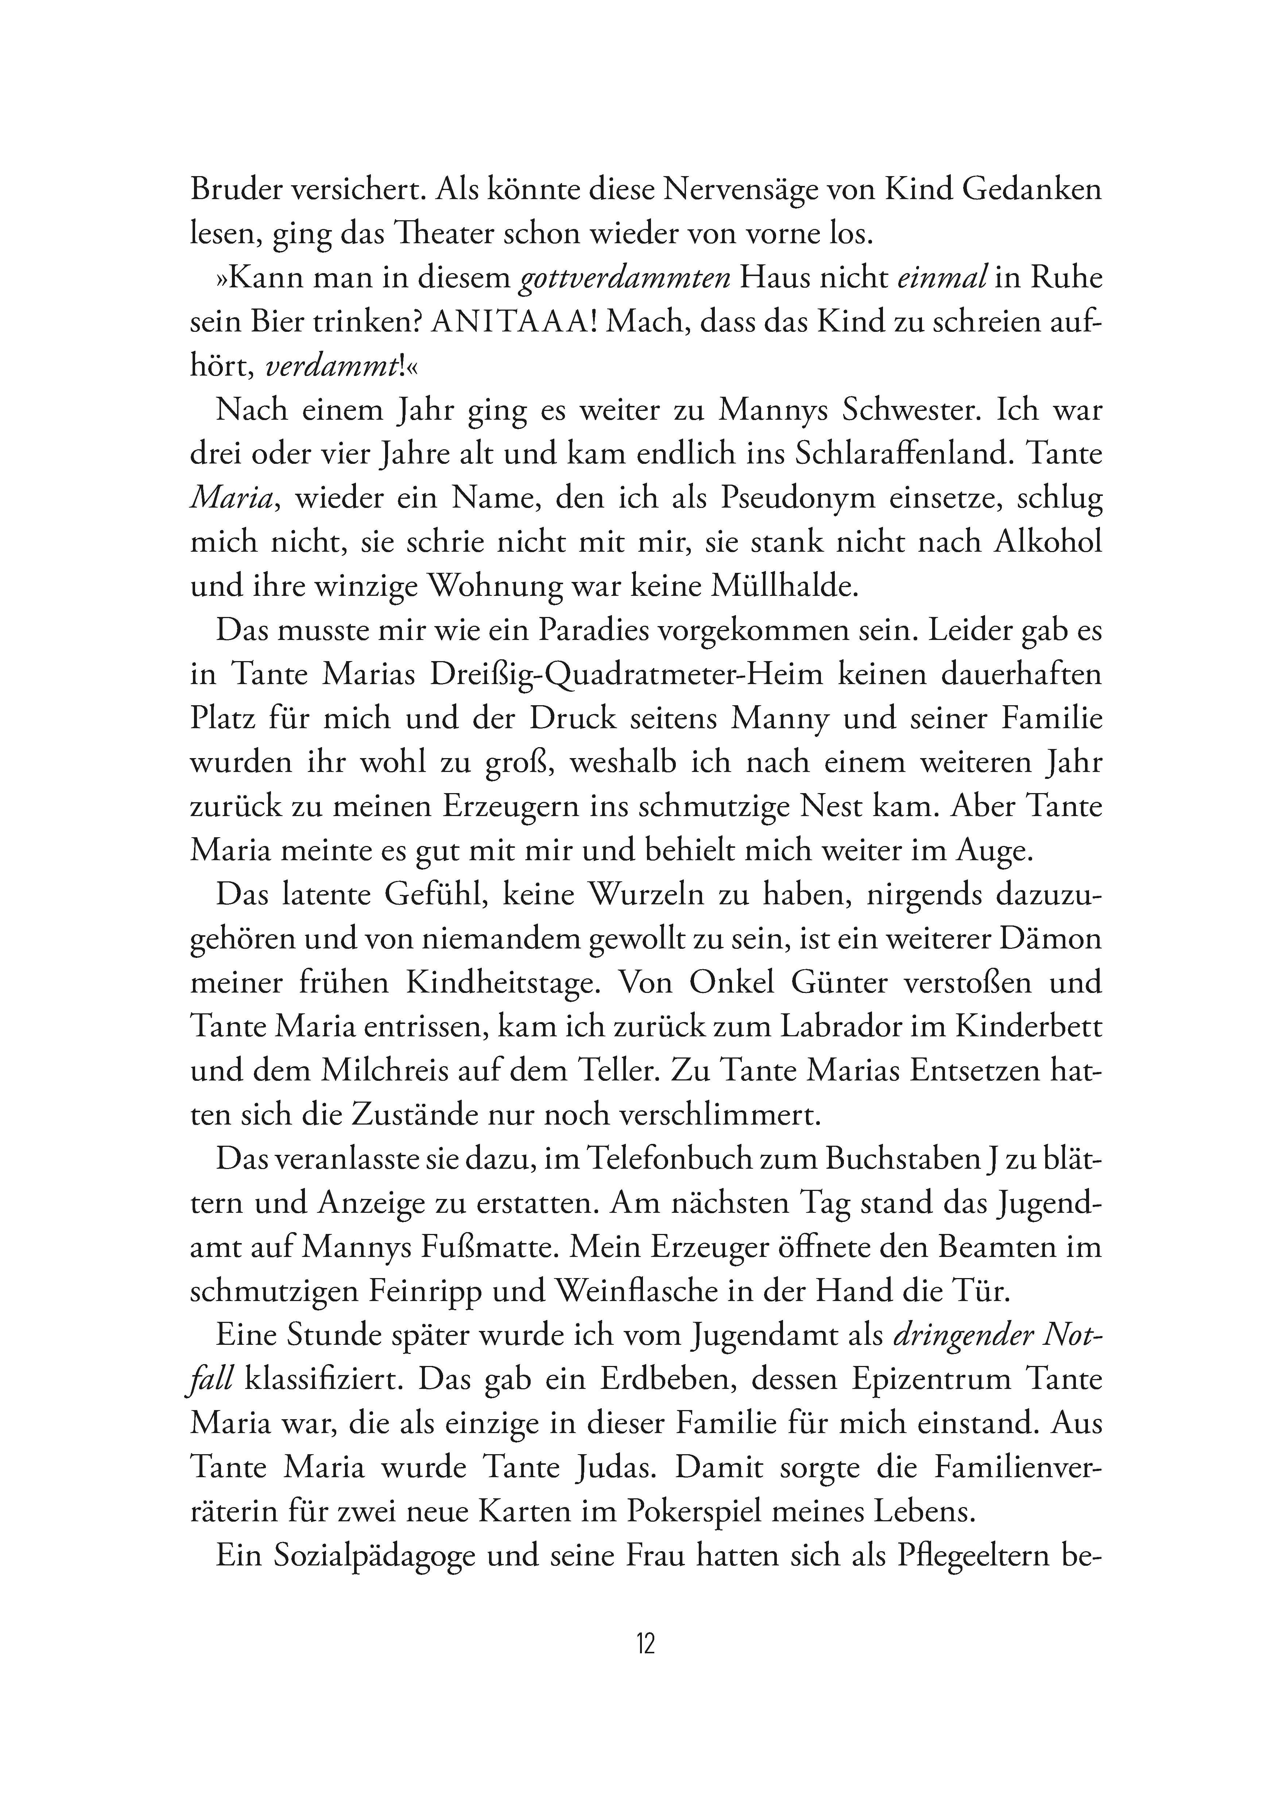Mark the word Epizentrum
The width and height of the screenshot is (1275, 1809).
pos(921,1379)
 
